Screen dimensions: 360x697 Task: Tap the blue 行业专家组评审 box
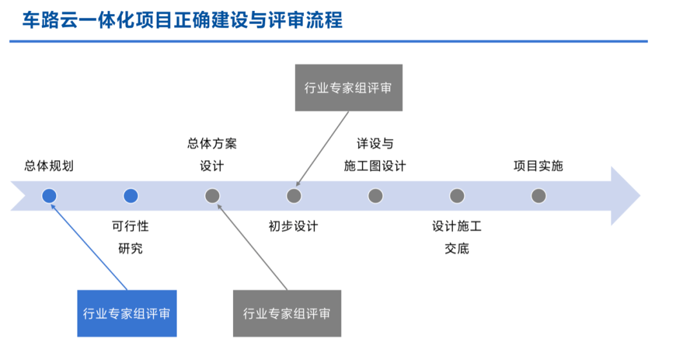pyautogui.click(x=126, y=314)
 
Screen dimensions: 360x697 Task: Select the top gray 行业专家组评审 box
pyautogui.click(x=348, y=88)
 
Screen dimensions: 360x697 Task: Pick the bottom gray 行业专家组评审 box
pyautogui.click(x=287, y=314)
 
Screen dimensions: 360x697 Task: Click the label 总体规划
pyautogui.click(x=49, y=166)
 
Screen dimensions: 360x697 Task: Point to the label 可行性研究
pyautogui.click(x=130, y=237)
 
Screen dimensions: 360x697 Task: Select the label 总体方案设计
pyautogui.click(x=212, y=155)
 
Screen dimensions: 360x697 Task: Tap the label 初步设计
pyautogui.click(x=294, y=226)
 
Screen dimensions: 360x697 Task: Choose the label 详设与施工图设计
pyautogui.click(x=375, y=155)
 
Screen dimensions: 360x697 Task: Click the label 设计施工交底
pyautogui.click(x=457, y=237)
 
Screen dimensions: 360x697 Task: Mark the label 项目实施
pyautogui.click(x=538, y=166)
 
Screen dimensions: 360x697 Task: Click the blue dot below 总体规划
pyautogui.click(x=49, y=196)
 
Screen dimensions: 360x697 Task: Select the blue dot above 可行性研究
pyautogui.click(x=130, y=196)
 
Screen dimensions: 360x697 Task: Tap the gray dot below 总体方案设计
pyautogui.click(x=212, y=196)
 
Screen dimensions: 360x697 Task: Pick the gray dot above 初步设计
pyautogui.click(x=294, y=196)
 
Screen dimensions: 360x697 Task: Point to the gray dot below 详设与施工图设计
pyautogui.click(x=376, y=196)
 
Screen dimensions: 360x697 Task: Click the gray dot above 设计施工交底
pyautogui.click(x=457, y=196)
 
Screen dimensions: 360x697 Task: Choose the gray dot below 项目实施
pyautogui.click(x=539, y=196)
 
